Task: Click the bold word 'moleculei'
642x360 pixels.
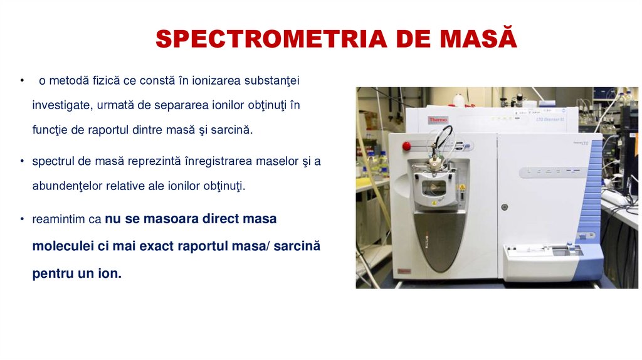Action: [x=62, y=246]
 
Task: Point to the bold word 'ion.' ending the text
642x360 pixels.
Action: [x=108, y=273]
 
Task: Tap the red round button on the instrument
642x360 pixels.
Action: [x=406, y=146]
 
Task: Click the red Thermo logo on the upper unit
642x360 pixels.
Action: [x=438, y=119]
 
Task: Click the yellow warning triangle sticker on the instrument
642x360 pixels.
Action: [x=462, y=188]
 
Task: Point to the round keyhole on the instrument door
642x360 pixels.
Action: [x=504, y=206]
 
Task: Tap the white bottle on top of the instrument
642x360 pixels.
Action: [x=460, y=99]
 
